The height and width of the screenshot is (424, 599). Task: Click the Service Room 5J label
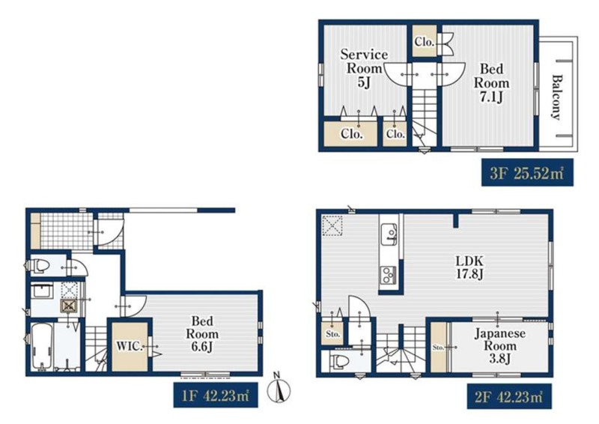[x=363, y=68]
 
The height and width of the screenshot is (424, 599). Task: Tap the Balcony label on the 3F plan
[x=557, y=97]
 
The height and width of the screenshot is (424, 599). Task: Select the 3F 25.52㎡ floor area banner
[x=527, y=172]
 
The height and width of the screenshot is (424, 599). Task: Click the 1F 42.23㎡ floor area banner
[x=216, y=395]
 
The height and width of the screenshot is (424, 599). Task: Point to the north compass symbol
[x=279, y=390]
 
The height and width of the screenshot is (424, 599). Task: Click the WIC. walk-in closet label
[x=130, y=347]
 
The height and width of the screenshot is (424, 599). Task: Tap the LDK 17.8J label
[x=469, y=267]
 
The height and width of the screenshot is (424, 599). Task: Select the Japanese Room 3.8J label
[x=499, y=346]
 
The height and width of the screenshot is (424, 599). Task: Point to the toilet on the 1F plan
[x=40, y=265]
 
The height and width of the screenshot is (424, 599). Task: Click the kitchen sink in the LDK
[x=389, y=234]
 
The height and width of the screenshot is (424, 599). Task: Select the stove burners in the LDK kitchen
[x=389, y=275]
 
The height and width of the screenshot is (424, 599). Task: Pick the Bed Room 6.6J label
[x=202, y=334]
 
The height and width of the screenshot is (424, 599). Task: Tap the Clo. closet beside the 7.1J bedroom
[x=425, y=42]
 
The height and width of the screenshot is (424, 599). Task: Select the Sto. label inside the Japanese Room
[x=438, y=348]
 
